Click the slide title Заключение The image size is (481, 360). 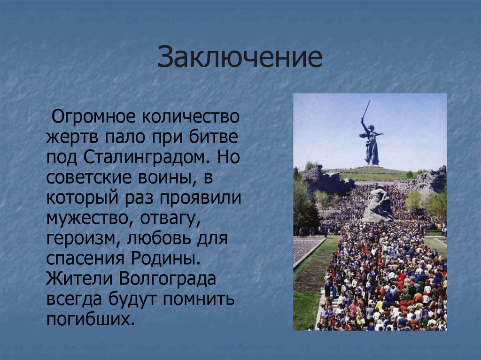(240, 58)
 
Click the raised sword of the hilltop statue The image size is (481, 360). (365, 109)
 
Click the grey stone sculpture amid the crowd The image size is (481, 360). (378, 205)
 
